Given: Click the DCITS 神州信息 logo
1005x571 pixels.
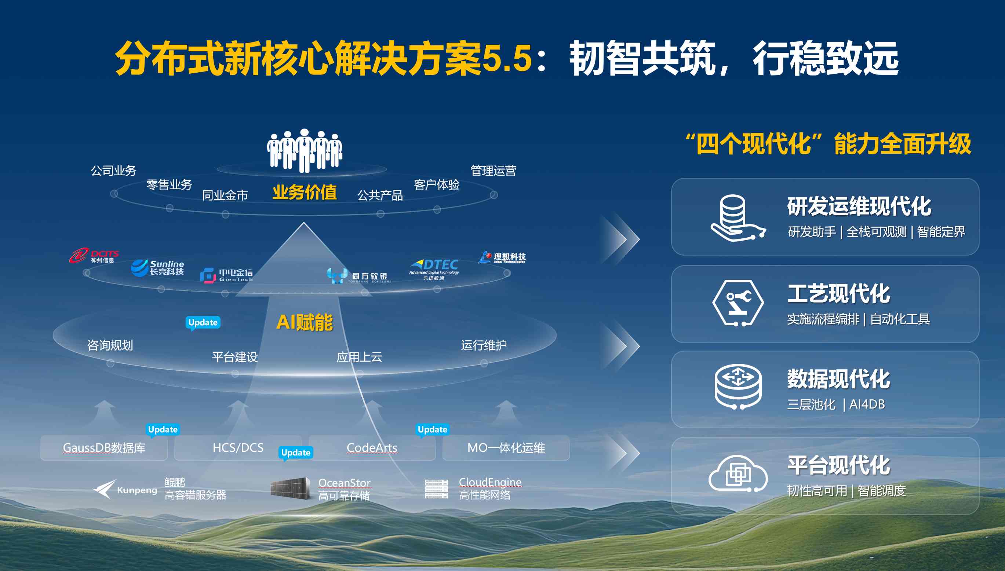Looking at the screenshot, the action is pos(94,255).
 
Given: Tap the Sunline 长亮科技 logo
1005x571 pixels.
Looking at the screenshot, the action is pos(157,268).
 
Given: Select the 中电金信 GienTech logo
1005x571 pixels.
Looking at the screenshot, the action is pos(226,275).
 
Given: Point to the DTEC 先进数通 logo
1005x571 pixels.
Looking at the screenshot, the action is pos(434,270).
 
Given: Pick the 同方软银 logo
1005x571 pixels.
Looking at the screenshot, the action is pos(359,275).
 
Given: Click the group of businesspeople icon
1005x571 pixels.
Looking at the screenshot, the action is pos(305,151).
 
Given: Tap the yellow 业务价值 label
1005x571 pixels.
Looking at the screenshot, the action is pos(305,192).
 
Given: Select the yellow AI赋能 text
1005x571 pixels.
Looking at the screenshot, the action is pos(305,322).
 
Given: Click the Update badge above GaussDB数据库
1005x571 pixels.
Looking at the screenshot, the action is pos(163,430).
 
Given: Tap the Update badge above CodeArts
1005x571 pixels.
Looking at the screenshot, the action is pos(432,430).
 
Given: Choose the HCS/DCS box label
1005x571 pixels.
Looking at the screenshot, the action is pos(238,447).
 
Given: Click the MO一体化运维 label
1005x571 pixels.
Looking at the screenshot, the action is pos(506,447).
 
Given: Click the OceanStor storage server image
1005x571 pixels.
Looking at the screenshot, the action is pos(290,488).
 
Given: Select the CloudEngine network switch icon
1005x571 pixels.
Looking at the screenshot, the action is pos(437,488).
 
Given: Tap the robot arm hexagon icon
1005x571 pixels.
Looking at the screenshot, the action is pos(738,303).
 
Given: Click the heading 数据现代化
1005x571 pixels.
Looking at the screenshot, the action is pos(839,379).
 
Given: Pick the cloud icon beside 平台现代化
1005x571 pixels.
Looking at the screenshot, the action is pos(738,474).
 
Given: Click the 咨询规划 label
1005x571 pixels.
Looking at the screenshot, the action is pos(110,345).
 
